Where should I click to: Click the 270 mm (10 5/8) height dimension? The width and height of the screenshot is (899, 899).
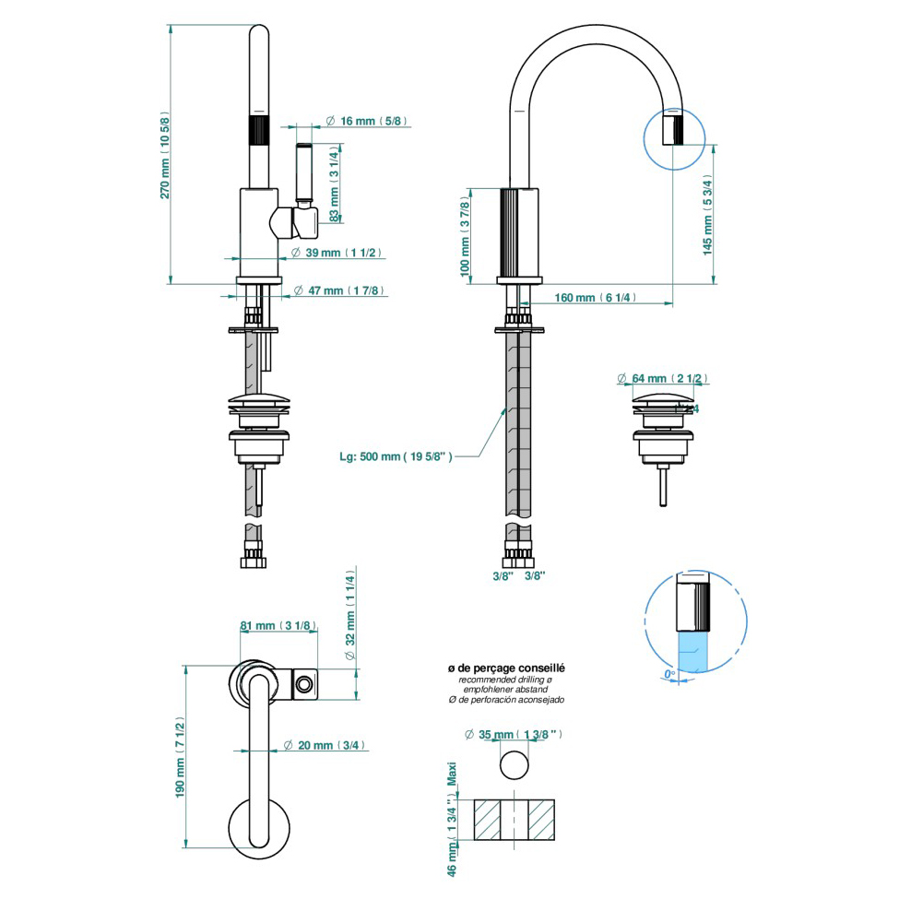coord(164,156)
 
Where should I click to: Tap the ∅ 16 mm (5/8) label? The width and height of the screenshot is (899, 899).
coord(367,121)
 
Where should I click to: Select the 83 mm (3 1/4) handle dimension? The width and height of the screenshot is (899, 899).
coord(335,183)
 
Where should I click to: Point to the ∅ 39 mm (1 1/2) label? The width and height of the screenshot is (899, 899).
coord(336,253)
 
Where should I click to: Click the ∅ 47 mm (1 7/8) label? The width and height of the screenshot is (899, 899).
coord(338,290)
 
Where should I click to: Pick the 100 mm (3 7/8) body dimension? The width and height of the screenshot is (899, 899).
coord(465,236)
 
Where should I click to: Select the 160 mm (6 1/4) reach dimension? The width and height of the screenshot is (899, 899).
coord(595,298)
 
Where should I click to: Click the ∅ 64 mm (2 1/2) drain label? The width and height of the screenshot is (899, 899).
coord(662,378)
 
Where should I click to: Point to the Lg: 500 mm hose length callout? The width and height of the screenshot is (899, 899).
coord(396,456)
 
